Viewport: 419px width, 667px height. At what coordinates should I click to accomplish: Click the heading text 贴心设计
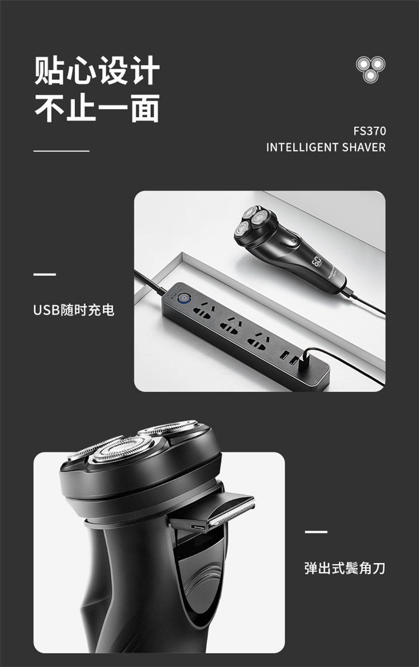[97, 70]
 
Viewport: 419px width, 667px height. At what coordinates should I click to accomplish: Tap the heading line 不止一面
[97, 108]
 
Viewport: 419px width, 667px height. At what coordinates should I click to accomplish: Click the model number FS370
[369, 131]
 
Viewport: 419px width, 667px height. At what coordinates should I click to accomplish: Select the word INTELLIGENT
[302, 147]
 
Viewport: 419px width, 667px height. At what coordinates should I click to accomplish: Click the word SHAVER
[364, 147]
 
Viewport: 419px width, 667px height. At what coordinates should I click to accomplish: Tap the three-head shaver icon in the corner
[370, 69]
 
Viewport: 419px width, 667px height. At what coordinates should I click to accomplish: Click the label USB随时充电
[74, 310]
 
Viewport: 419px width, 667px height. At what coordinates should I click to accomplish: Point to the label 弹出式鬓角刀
[345, 568]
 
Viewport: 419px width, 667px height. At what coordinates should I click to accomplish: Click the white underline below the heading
[61, 151]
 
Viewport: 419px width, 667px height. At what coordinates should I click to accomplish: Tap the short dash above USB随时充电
[45, 274]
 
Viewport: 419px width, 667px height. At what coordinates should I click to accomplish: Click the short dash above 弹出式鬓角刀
[316, 532]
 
